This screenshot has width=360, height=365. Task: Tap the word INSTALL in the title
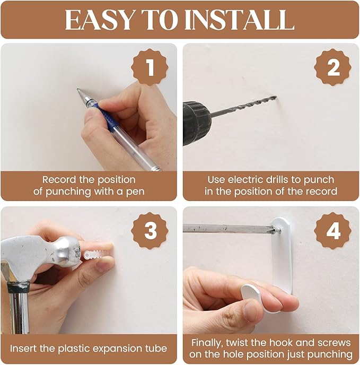(x=240, y=20)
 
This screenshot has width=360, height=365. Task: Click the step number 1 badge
(x=150, y=67)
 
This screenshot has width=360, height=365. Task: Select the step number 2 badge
(x=333, y=67)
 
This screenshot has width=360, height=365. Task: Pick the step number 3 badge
(x=150, y=231)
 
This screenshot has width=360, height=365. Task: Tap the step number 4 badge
(x=333, y=231)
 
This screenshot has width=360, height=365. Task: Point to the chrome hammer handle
(x=19, y=310)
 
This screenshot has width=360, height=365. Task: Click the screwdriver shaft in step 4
(x=228, y=228)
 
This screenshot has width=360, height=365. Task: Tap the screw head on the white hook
(x=277, y=230)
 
